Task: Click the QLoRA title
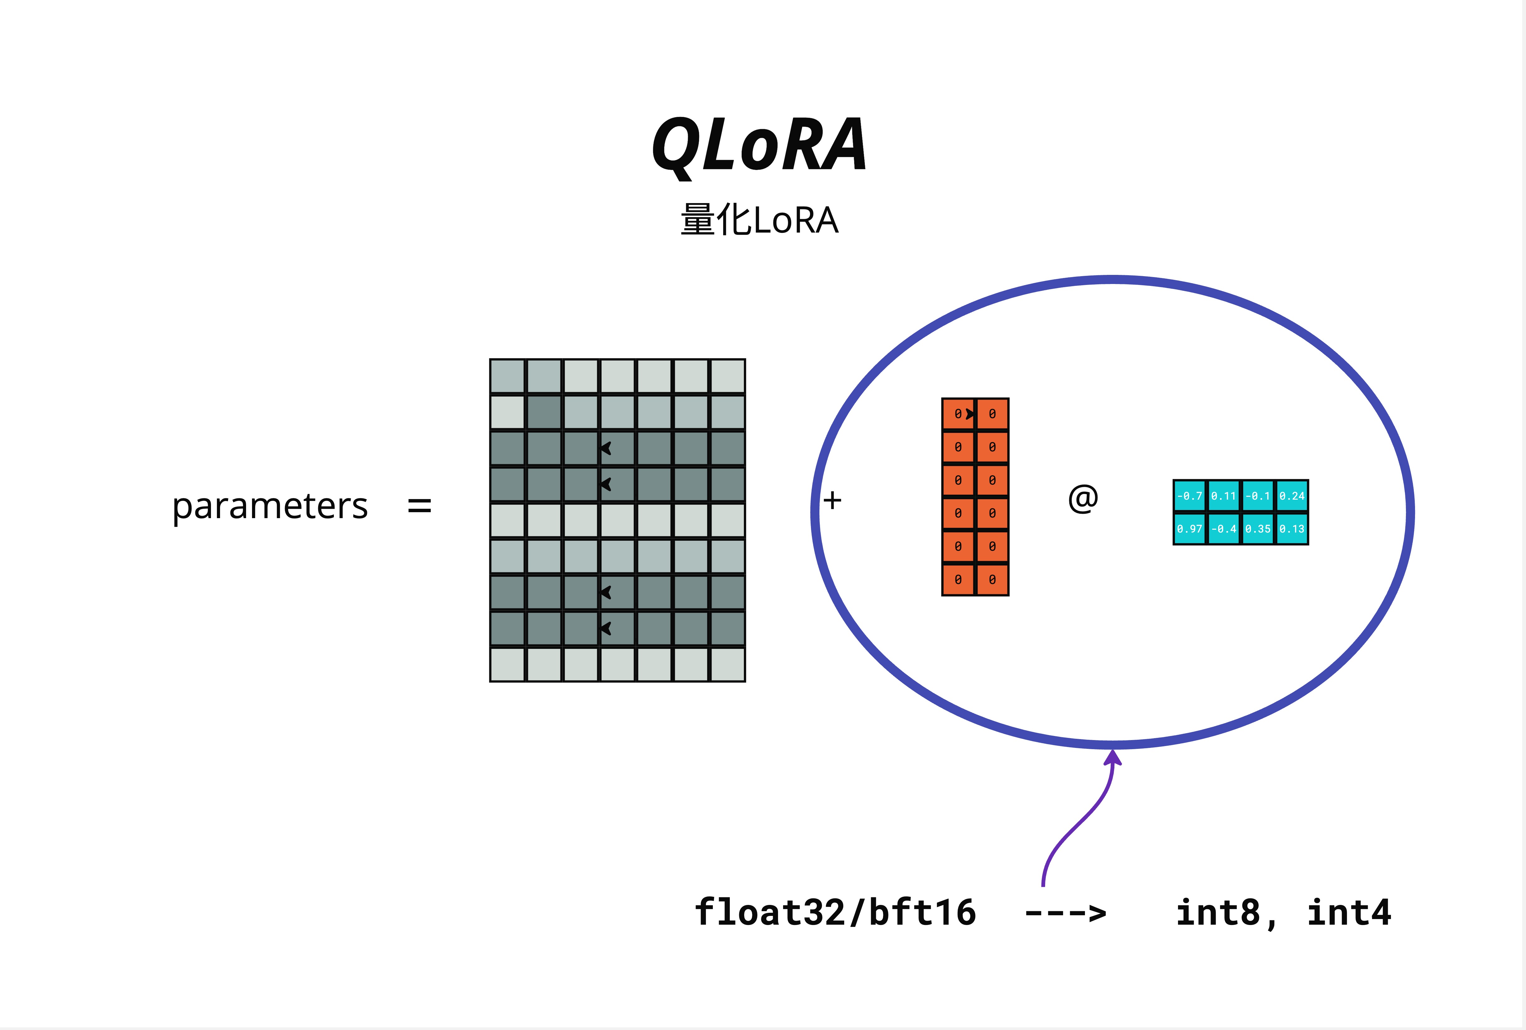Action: tap(760, 146)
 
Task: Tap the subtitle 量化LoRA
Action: tap(760, 220)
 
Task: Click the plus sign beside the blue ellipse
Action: tap(833, 500)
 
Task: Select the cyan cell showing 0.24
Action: tap(1292, 496)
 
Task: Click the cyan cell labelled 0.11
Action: tap(1223, 496)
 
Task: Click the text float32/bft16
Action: tap(835, 912)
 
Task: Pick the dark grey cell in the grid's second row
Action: tap(544, 412)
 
